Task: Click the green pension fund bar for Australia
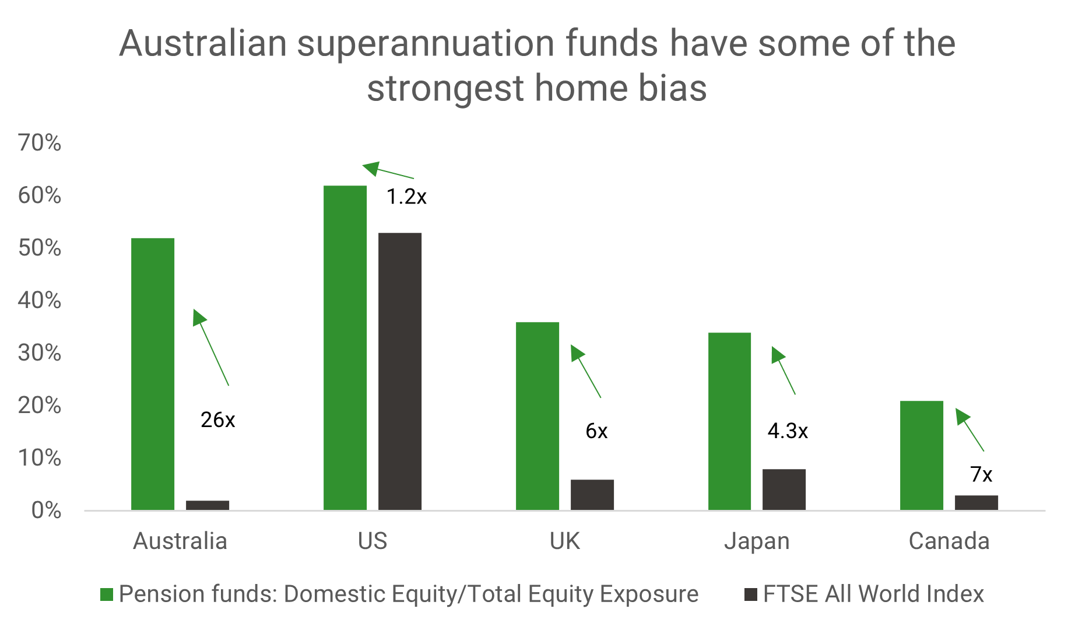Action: click(153, 374)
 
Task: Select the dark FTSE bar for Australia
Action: click(208, 505)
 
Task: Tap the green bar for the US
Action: click(345, 348)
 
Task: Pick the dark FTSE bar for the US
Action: click(400, 372)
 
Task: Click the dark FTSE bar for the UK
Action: click(592, 495)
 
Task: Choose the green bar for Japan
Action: click(729, 421)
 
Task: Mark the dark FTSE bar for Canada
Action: click(976, 503)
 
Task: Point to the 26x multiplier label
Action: click(218, 419)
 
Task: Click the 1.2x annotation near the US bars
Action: click(406, 197)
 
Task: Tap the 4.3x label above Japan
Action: click(788, 431)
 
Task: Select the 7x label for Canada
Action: click(981, 474)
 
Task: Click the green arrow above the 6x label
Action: click(586, 371)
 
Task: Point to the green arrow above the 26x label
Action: click(211, 347)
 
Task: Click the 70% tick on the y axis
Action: click(40, 142)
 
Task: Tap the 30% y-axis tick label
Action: click(40, 352)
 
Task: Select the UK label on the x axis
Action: click(565, 541)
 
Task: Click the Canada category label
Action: click(949, 541)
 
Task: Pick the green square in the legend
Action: click(107, 594)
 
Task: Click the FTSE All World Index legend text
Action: click(873, 594)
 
